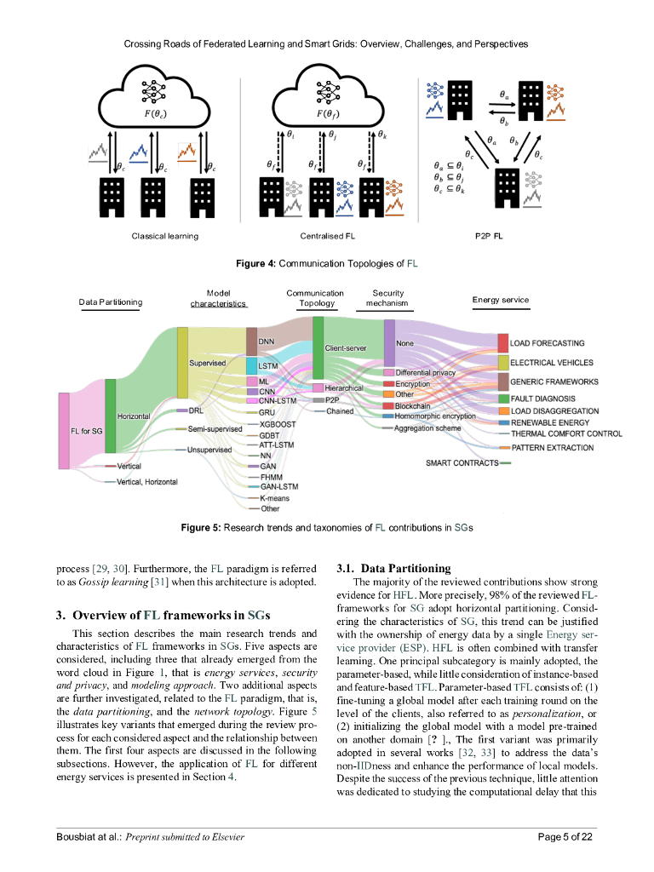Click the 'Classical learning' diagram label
tap(164, 236)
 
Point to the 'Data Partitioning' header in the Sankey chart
tap(111, 301)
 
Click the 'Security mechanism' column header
tap(387, 298)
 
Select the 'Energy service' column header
tap(500, 300)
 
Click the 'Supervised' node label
tap(207, 363)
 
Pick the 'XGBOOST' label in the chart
tap(278, 423)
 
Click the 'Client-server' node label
tap(345, 348)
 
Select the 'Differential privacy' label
tap(426, 373)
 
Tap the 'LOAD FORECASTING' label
tap(547, 343)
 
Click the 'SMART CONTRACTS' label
tap(462, 462)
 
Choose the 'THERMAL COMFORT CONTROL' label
tap(566, 433)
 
